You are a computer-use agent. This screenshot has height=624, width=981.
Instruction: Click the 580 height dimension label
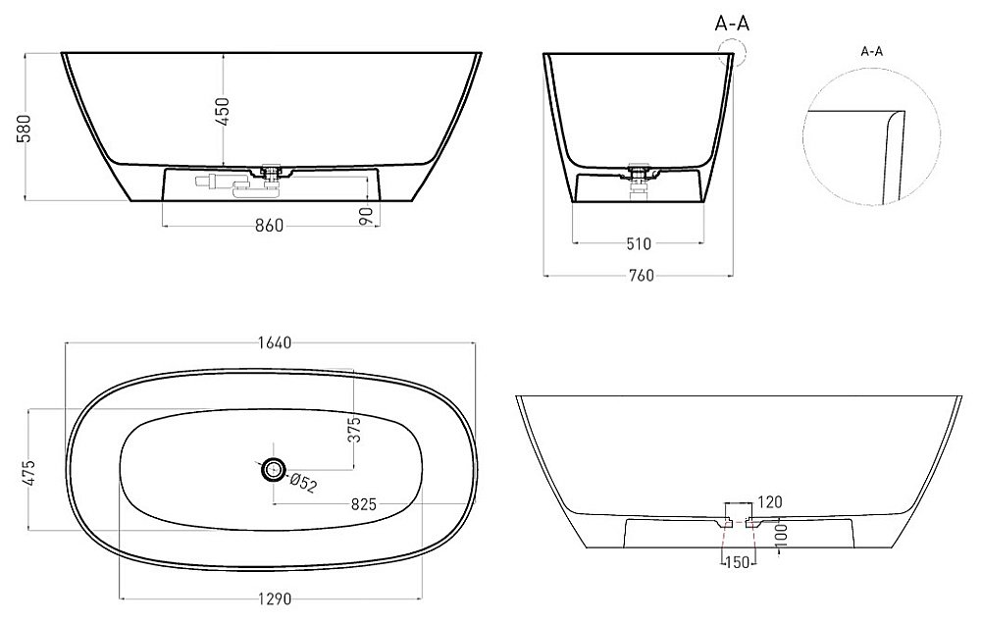click(23, 128)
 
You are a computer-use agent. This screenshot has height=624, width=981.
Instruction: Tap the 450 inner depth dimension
click(222, 111)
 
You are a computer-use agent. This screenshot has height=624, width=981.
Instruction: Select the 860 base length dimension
click(270, 226)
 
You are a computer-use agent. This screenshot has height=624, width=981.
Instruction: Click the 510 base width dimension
click(639, 243)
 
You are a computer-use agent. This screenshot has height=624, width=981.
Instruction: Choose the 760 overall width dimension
click(640, 276)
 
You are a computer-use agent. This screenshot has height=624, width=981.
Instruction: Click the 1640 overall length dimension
click(275, 342)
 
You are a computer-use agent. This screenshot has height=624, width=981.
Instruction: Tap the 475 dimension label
click(28, 473)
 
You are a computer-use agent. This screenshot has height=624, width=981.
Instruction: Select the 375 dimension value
click(354, 430)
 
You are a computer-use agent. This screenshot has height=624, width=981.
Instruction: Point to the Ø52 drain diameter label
click(303, 483)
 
